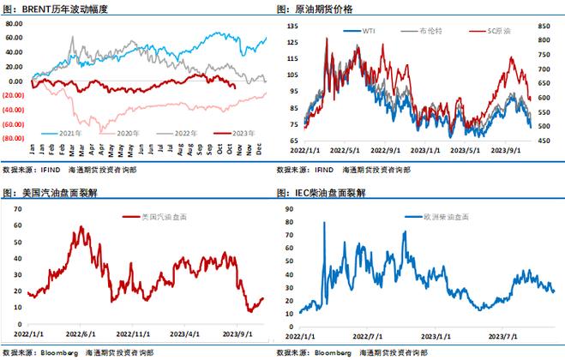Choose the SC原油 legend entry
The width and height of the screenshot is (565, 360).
coord(496,30)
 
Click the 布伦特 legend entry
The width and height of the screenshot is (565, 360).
coord(431,30)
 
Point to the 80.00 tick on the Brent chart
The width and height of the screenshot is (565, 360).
coord(14,24)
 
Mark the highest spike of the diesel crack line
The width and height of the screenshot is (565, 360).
coord(324,223)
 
